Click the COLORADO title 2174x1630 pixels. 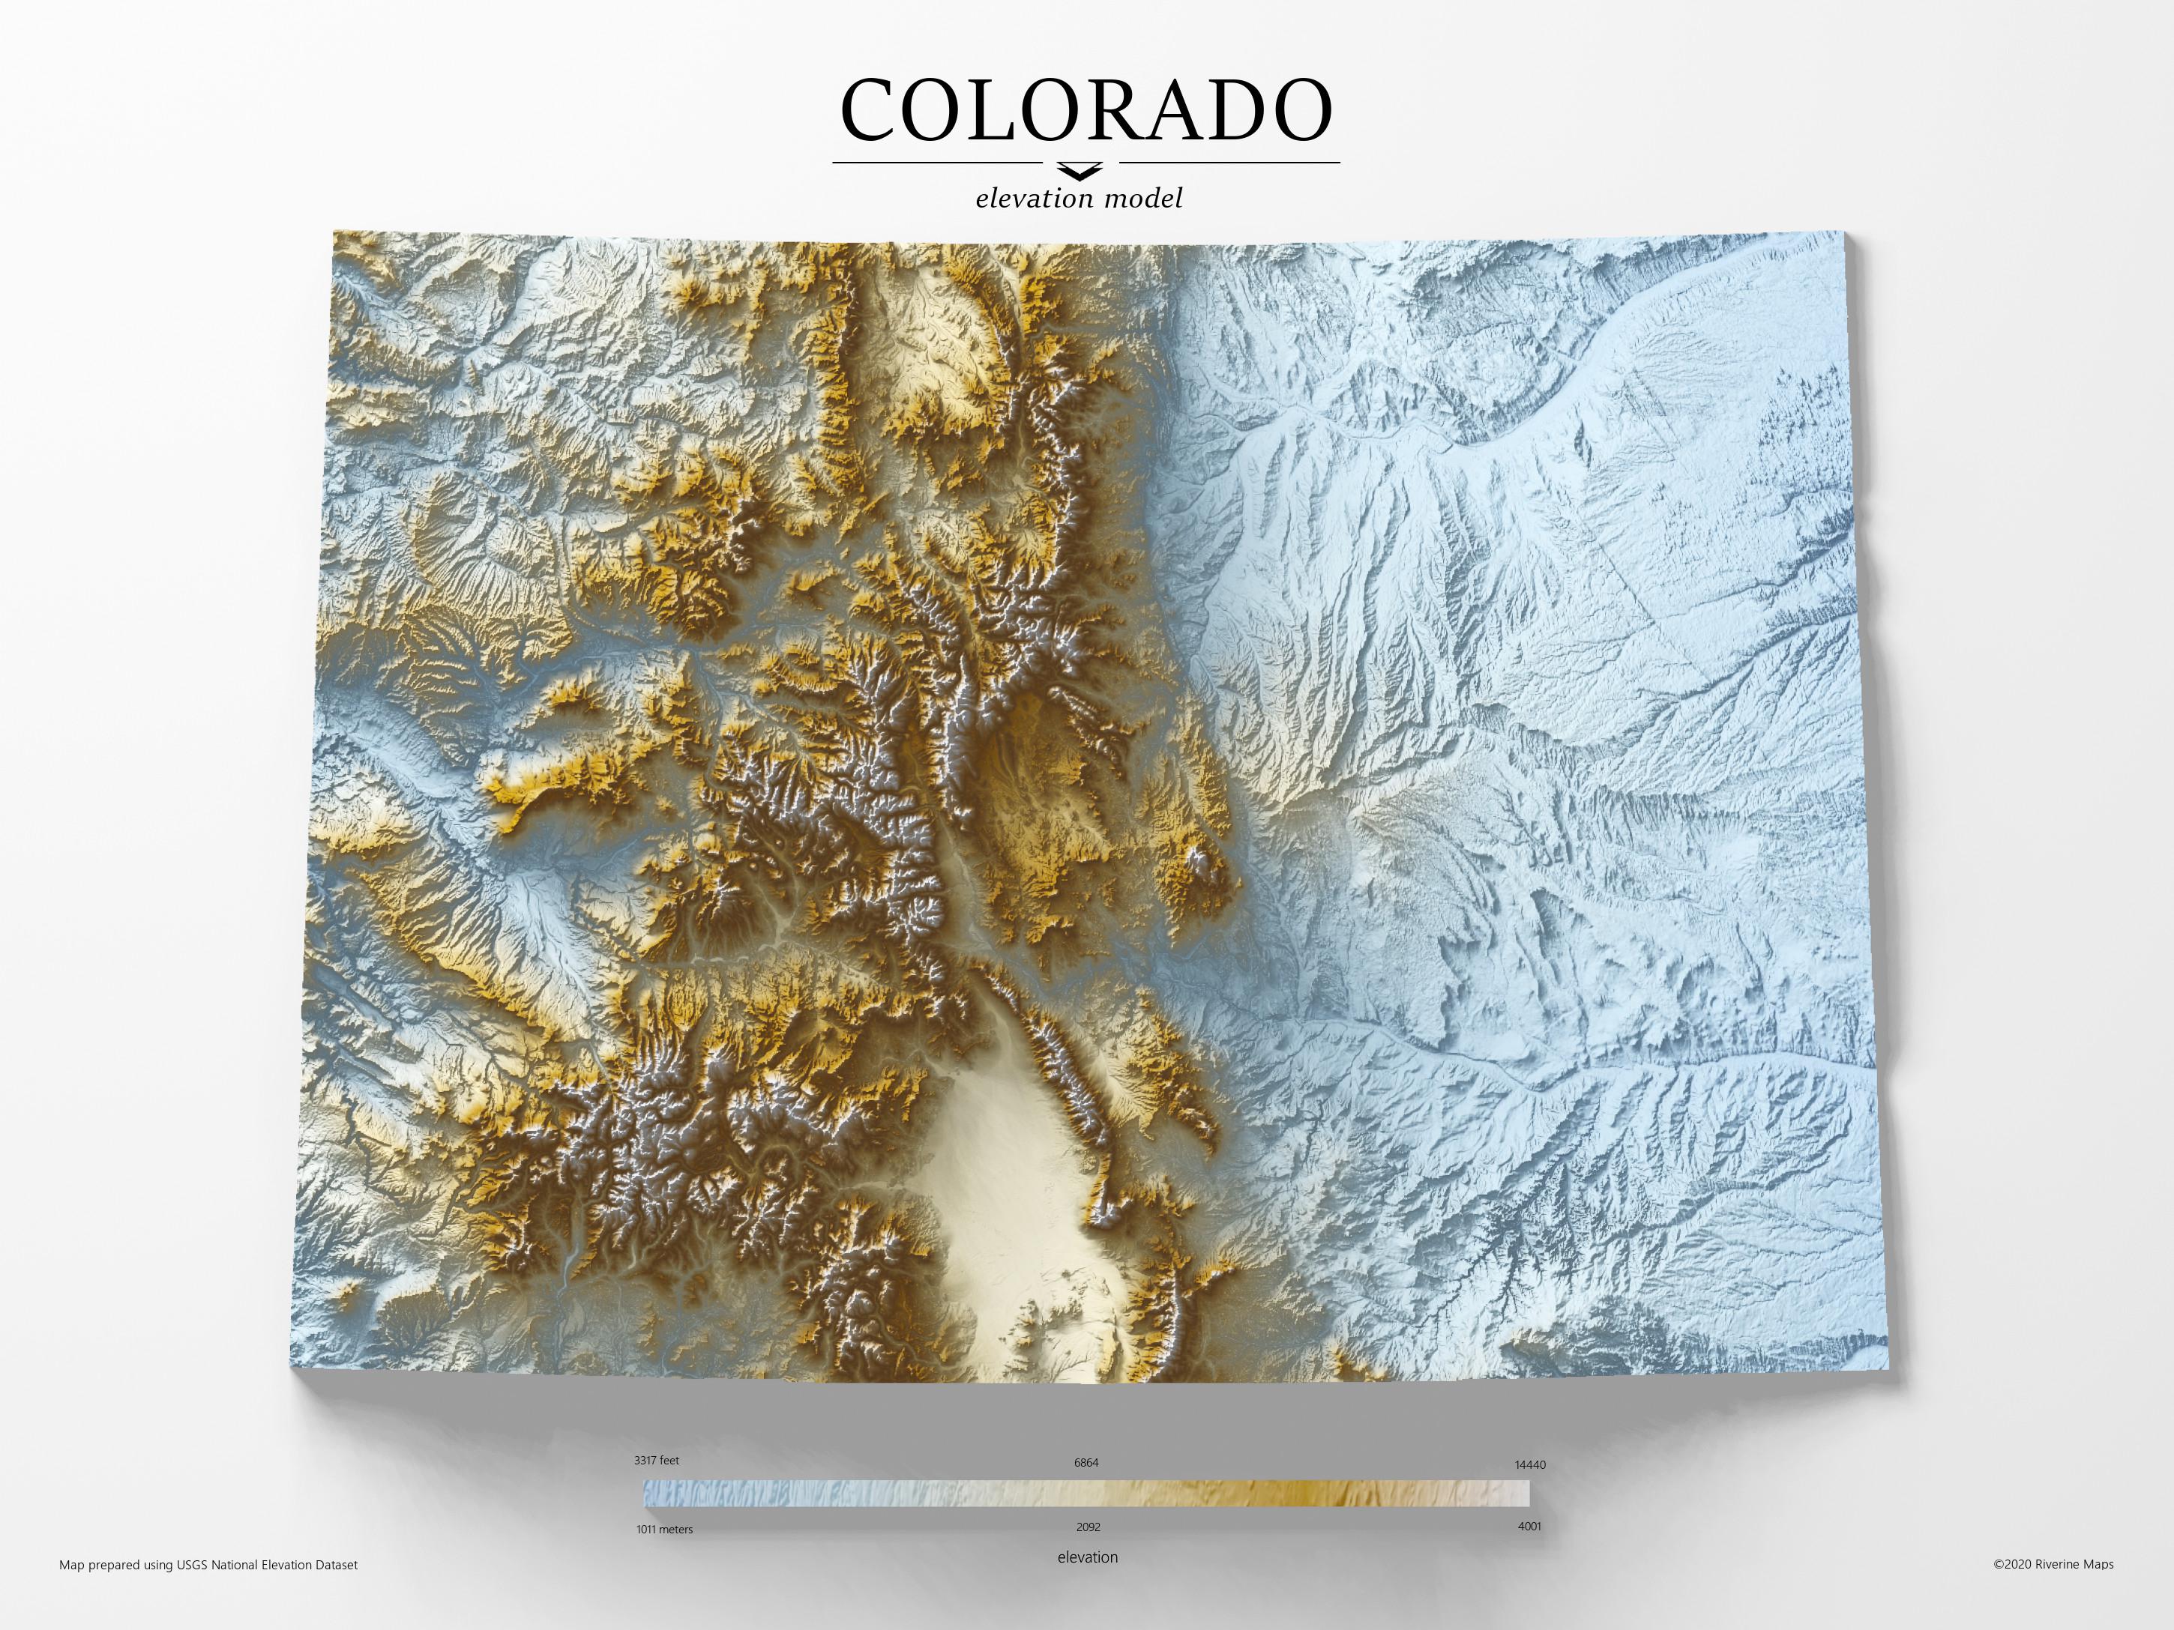pyautogui.click(x=1086, y=110)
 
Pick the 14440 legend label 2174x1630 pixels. pyautogui.click(x=1529, y=1464)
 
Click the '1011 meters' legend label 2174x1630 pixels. pyautogui.click(x=663, y=1529)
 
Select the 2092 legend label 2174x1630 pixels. pyautogui.click(x=1087, y=1527)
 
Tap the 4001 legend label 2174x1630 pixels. pyautogui.click(x=1529, y=1526)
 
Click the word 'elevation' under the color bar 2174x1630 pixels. pyautogui.click(x=1087, y=1557)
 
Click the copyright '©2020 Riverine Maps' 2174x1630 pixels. pyautogui.click(x=2052, y=1564)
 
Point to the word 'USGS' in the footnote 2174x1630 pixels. pyautogui.click(x=193, y=1565)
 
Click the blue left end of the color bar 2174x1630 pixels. pyautogui.click(x=658, y=1494)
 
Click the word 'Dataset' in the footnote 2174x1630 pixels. pyautogui.click(x=334, y=1565)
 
